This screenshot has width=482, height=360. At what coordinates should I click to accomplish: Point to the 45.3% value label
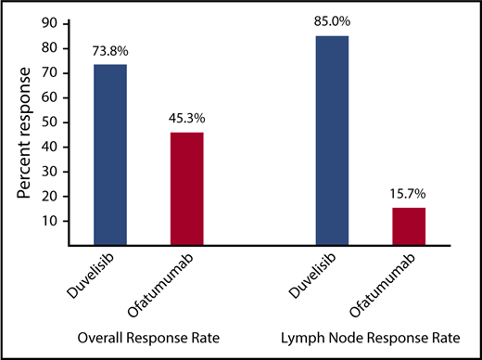pos(185,117)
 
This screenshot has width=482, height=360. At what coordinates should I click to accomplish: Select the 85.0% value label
pos(332,23)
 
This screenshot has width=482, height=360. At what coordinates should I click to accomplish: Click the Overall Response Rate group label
pos(146,336)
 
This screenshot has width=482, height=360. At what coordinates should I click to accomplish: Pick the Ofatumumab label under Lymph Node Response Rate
pos(389,284)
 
